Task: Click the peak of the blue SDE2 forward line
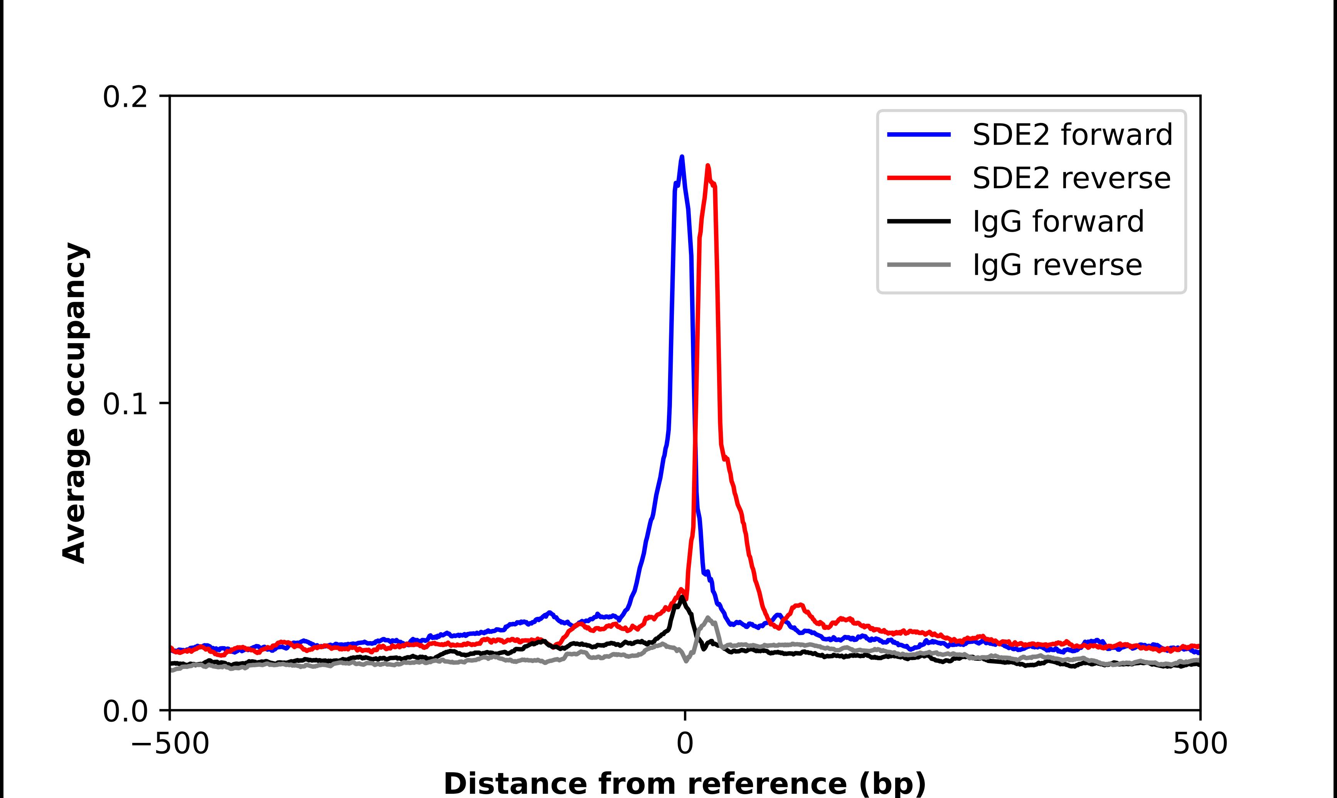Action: (x=682, y=157)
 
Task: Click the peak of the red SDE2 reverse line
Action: (x=707, y=166)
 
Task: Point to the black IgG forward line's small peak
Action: (x=682, y=597)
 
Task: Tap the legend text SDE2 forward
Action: (x=1072, y=135)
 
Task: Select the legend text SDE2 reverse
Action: (x=1071, y=178)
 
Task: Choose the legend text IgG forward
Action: (x=1058, y=222)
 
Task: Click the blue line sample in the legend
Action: (x=919, y=135)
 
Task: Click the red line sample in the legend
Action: (x=919, y=178)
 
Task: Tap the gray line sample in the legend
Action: (x=919, y=264)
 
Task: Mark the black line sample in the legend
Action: (x=919, y=221)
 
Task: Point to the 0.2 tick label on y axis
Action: (x=125, y=97)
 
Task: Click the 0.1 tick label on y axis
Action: (x=125, y=404)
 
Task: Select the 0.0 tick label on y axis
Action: (x=125, y=711)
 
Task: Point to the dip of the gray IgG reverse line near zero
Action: (x=686, y=660)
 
